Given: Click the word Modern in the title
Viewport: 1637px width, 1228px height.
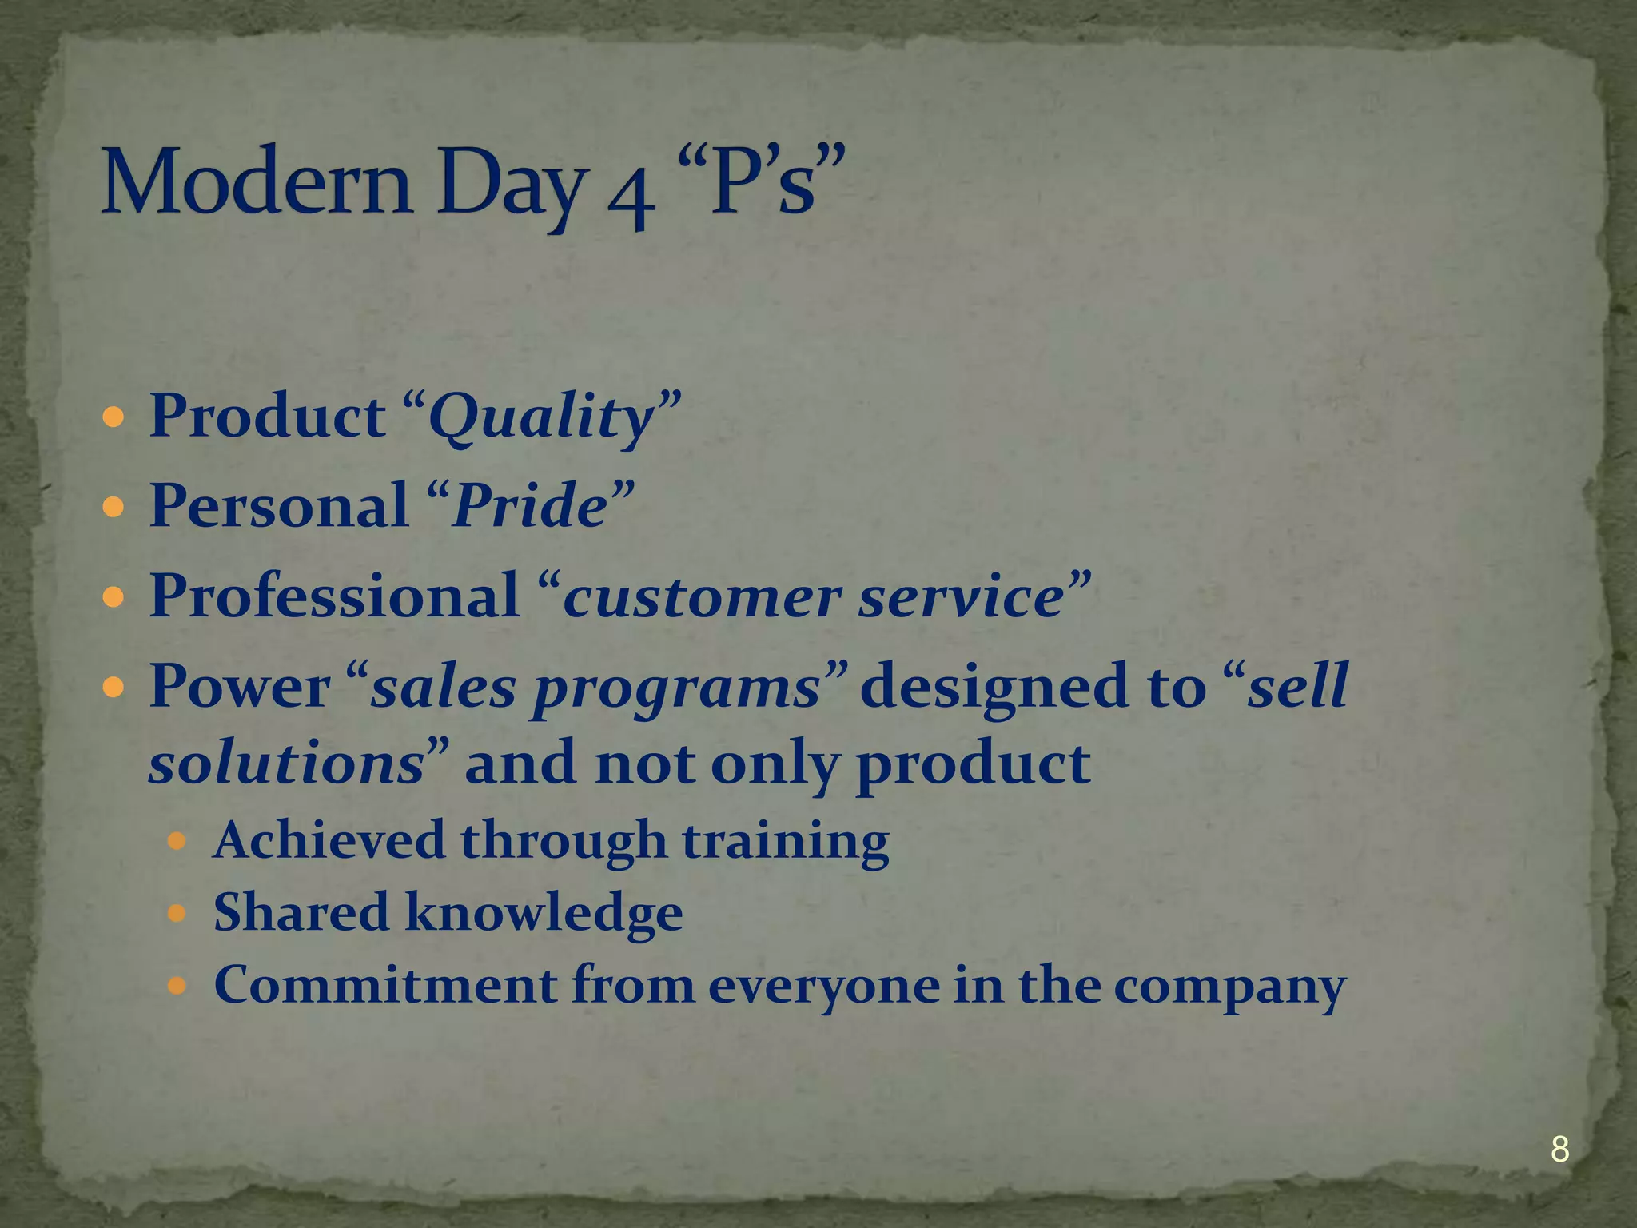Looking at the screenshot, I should pos(256,182).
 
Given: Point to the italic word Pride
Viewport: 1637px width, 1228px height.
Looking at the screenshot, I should pos(530,507).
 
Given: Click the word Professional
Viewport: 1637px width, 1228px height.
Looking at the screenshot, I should pos(334,596).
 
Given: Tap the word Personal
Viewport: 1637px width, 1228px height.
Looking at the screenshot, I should pos(279,507).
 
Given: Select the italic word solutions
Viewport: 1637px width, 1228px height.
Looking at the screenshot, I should pos(286,763).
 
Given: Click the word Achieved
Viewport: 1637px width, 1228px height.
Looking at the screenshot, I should pos(329,840).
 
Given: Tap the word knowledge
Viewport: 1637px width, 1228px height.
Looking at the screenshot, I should pos(544,913).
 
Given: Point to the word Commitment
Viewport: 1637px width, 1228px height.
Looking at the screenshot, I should pos(385,985).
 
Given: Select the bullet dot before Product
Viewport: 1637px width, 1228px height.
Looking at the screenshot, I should pos(114,417).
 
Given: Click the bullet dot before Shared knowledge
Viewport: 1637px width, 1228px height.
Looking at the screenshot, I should pos(177,913).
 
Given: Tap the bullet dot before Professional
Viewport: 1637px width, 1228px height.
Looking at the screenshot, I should pos(114,596).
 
